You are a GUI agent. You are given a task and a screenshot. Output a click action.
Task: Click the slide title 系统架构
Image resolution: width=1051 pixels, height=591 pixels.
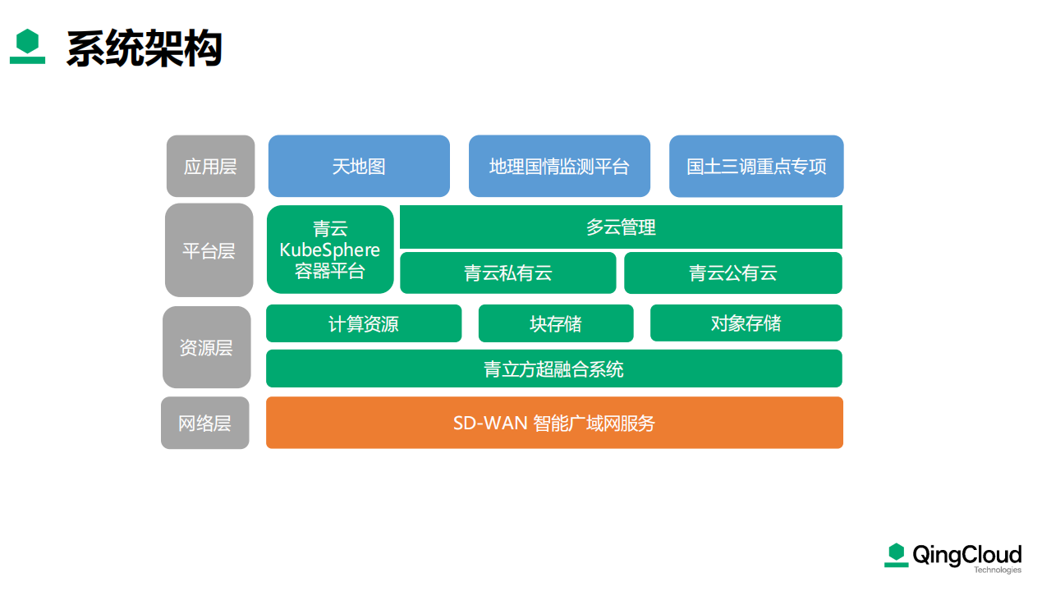(144, 48)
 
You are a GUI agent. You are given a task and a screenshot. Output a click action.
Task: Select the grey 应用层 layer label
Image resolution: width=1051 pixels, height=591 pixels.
(211, 166)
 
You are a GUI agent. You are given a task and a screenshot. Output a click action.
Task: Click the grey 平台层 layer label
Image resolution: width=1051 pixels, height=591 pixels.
(209, 250)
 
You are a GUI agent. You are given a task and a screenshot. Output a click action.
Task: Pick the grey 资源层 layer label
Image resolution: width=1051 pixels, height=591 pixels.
(207, 347)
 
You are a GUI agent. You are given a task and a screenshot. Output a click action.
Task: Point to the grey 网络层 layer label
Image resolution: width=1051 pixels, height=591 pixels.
(205, 423)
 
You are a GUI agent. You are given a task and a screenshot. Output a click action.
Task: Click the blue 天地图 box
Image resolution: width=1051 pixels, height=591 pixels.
(359, 166)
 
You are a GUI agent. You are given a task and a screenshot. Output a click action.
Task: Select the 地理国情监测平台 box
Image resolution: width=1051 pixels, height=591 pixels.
(559, 166)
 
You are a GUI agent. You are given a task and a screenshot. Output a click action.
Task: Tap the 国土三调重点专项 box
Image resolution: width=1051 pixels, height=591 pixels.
(756, 166)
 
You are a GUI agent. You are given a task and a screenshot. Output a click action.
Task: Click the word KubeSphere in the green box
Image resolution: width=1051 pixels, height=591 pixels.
(330, 250)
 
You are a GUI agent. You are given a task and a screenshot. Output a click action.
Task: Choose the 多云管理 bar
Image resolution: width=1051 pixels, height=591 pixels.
(621, 227)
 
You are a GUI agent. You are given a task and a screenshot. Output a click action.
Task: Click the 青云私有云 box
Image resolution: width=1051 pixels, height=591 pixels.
(507, 273)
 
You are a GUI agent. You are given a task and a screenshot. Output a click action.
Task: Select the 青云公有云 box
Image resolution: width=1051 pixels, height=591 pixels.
(733, 273)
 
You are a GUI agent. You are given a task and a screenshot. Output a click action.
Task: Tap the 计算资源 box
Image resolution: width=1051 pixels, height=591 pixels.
(364, 323)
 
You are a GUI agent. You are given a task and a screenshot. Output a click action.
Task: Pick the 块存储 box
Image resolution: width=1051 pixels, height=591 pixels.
(556, 323)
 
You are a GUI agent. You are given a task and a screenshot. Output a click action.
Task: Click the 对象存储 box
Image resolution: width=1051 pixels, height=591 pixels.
(746, 323)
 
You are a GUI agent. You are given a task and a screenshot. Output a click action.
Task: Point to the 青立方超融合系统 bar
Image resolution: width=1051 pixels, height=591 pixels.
(554, 369)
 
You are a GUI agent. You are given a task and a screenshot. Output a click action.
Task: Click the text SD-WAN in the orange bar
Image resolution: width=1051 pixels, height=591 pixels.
(490, 423)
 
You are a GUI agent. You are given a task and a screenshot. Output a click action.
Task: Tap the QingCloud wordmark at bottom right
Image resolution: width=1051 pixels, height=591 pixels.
(967, 555)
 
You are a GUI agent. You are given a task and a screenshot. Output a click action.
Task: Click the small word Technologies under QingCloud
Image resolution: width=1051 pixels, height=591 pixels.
(998, 570)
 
